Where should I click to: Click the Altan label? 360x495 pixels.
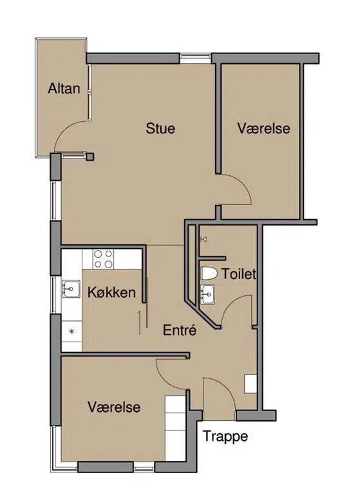pos(64,88)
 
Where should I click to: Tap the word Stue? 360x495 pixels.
pos(160,128)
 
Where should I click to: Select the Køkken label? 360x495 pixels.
pos(111,293)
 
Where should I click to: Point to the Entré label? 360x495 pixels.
pos(180,330)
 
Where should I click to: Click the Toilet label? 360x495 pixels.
pos(239,274)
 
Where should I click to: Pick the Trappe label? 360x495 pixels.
pos(225,437)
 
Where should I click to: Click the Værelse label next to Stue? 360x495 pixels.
pos(264,128)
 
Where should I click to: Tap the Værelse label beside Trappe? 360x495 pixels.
pos(114,407)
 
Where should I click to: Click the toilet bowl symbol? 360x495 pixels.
pos(209,273)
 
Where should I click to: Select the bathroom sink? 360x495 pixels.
pos(207,295)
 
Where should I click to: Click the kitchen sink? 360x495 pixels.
pos(71,289)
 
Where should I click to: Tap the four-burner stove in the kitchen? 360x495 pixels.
pos(103,259)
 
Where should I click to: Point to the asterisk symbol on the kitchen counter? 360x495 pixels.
pos(71,331)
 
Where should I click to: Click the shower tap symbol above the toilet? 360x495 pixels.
pos(204,240)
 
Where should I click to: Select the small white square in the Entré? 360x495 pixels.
pos(251,384)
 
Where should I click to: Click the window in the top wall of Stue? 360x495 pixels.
pos(195,58)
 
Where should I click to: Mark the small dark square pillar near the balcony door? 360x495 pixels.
pos(90,157)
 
